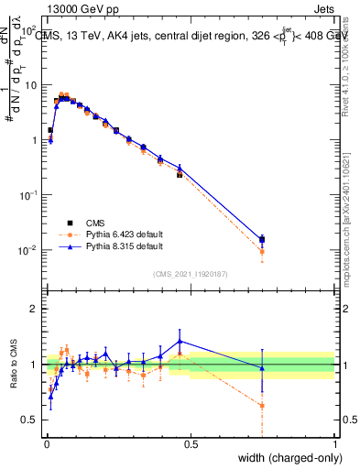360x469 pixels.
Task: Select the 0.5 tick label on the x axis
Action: pos(191,444)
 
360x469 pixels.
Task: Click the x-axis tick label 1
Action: pos(335,444)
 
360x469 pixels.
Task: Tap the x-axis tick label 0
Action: pos(47,444)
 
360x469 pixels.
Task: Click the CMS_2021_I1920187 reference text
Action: pos(190,273)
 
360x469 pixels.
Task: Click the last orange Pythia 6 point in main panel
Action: pos(262,252)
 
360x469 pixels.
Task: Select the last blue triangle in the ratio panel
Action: pos(262,368)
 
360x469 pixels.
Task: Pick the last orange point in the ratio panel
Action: pos(262,405)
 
